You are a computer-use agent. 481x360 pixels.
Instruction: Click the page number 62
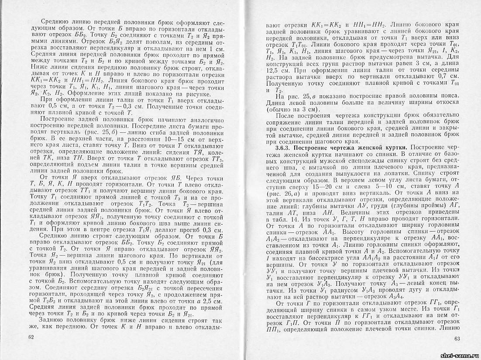[30, 337]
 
